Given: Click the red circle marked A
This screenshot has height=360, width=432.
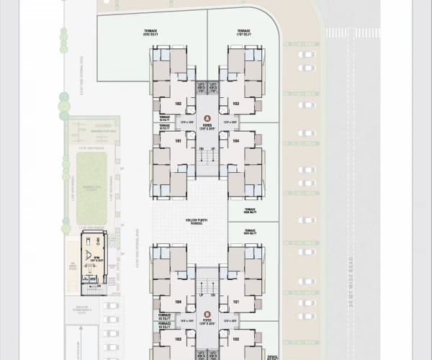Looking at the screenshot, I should [207, 117].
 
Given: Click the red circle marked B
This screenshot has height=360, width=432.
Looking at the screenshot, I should [207, 313].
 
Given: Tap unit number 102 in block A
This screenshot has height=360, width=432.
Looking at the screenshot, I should [177, 104].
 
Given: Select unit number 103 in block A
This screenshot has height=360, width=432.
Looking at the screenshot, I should [235, 104].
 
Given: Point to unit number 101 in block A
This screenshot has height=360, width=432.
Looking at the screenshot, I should [177, 141].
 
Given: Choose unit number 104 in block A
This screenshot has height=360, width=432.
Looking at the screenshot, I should [235, 141].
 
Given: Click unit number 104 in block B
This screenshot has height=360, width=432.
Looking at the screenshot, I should [177, 302].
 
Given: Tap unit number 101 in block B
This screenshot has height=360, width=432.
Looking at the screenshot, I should [235, 302].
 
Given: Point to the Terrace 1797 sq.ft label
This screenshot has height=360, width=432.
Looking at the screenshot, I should [243, 32].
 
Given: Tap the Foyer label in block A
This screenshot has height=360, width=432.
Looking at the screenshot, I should [207, 126].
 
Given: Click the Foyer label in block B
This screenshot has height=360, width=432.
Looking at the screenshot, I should [207, 322].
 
